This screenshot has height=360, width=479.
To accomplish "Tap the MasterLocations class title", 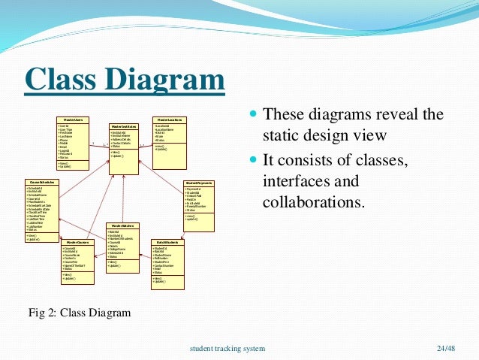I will point(170,119).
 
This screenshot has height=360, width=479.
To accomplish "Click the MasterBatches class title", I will point(123,225).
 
